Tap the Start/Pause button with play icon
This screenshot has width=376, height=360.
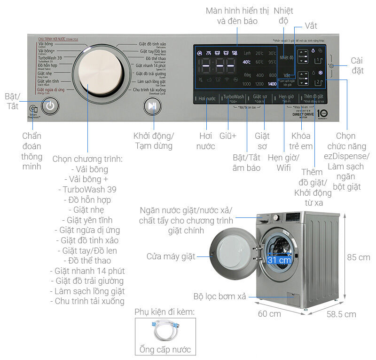pyautogui.click(x=151, y=106)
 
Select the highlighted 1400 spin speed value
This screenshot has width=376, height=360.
pyautogui.click(x=272, y=84)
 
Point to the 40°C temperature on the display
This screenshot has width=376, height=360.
pyautogui.click(x=247, y=62)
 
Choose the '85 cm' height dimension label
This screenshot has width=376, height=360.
pyautogui.click(x=358, y=257)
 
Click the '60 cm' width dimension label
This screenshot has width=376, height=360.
pyautogui.click(x=269, y=313)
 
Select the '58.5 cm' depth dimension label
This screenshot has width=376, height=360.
pyautogui.click(x=341, y=314)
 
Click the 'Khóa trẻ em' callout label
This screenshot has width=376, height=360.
pyautogui.click(x=301, y=141)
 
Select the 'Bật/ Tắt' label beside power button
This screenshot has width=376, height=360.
pyautogui.click(x=12, y=101)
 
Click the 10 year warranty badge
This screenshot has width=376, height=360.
pyautogui.click(x=322, y=114)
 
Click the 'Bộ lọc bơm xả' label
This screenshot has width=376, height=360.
pyautogui.click(x=219, y=296)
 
